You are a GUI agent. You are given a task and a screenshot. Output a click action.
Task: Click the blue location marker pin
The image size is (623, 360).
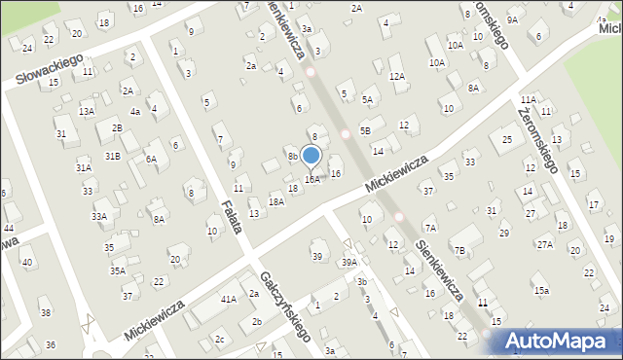tap(311, 156)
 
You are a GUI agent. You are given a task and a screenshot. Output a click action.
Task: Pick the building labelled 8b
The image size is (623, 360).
tap(292, 156)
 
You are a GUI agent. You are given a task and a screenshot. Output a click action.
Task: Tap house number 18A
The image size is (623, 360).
tap(276, 201)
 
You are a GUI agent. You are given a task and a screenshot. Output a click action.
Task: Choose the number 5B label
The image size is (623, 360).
tap(365, 129)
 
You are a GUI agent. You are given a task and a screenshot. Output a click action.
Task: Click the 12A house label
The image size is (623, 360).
tap(396, 76)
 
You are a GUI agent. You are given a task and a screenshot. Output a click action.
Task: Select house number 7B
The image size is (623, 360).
tap(459, 251)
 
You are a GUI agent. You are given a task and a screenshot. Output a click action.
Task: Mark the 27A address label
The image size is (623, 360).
tap(544, 244)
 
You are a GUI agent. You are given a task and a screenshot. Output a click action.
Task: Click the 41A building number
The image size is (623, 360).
tap(228, 300)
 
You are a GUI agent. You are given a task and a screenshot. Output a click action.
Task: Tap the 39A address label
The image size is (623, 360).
tap(348, 263)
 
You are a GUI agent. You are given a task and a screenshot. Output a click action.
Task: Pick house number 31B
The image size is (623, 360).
tap(113, 156)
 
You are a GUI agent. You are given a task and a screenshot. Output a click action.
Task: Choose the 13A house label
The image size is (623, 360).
tap(87, 112)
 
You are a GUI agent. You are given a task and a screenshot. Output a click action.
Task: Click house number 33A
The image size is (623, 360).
tap(99, 217)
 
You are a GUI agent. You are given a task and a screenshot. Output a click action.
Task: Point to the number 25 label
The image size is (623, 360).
tap(507, 140)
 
